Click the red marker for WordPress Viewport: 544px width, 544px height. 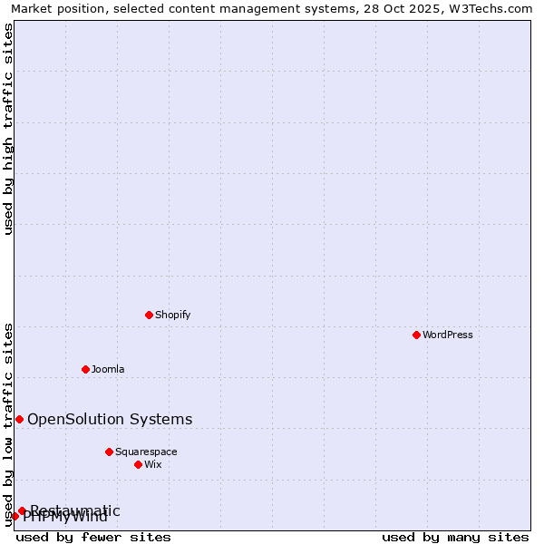point(416,335)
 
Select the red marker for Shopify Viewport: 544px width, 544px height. point(149,315)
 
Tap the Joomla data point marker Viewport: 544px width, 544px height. point(85,369)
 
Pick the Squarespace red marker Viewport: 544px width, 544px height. point(109,452)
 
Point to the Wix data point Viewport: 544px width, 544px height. point(138,464)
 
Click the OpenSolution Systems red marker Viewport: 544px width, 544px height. point(19,419)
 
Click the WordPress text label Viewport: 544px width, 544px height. point(448,335)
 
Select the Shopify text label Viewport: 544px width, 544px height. point(172,315)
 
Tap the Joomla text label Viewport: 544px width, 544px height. point(108,369)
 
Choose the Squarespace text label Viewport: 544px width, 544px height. point(146,452)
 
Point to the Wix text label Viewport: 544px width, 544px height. point(152,464)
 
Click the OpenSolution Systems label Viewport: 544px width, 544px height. point(110,419)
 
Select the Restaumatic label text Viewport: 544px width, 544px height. point(75,510)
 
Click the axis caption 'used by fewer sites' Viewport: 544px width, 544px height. point(93,537)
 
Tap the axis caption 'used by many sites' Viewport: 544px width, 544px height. point(455,537)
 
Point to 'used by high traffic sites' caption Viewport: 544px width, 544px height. point(9,129)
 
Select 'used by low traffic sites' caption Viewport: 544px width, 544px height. point(9,423)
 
